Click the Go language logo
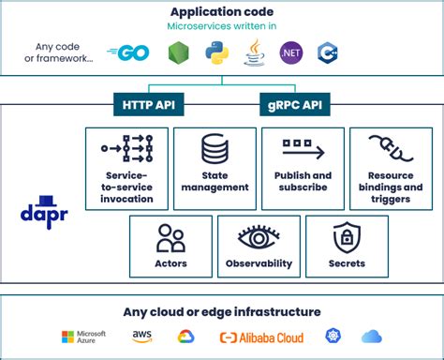pos(129,54)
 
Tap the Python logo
pos(217,54)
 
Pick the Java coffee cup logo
pos(253,53)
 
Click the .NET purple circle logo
pos(290,54)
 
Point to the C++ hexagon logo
pos(327,53)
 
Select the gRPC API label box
pos(290,103)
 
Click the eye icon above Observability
pos(258,237)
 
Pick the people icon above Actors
pos(170,237)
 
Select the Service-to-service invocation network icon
pos(126,150)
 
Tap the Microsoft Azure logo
pos(84,337)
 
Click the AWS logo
pos(141,337)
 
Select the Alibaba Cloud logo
pos(260,337)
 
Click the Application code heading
pos(221,11)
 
